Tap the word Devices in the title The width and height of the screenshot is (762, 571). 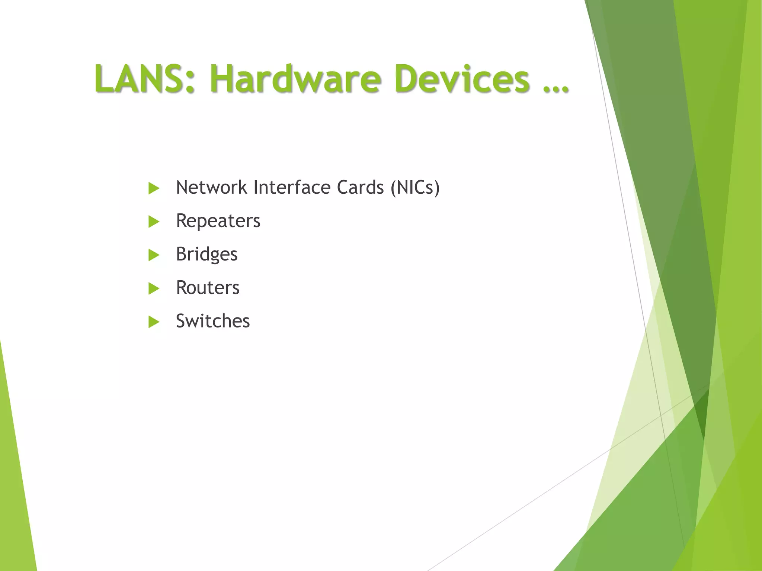click(462, 78)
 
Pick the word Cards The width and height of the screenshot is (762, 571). click(360, 187)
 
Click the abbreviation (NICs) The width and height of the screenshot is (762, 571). click(415, 187)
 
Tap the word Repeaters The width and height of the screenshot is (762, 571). click(218, 221)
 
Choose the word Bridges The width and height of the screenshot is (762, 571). click(206, 255)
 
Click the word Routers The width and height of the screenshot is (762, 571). click(208, 288)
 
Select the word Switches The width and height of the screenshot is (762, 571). click(213, 321)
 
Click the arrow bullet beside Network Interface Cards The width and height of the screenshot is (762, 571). click(153, 188)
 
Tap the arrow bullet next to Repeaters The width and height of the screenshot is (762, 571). click(153, 222)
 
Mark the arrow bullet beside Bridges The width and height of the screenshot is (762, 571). click(153, 255)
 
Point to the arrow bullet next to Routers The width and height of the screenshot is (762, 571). click(153, 288)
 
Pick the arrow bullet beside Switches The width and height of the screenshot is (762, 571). click(153, 322)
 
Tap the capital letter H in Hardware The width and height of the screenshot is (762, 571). click(222, 78)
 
